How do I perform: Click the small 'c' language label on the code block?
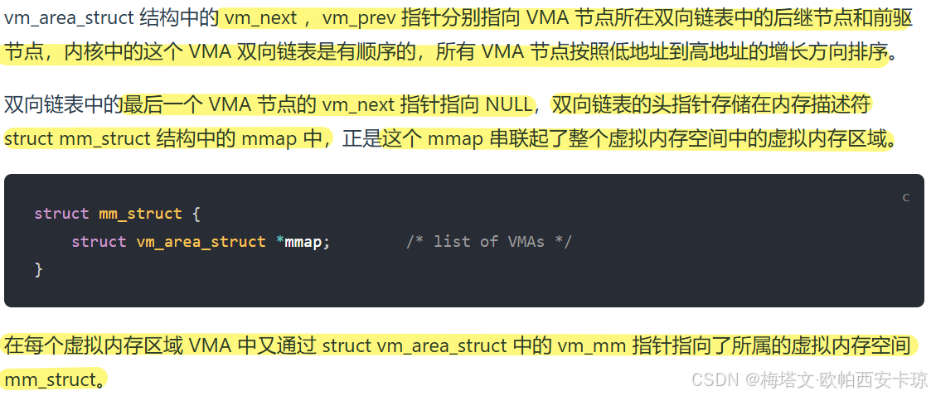[906, 197]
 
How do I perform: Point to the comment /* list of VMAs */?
[489, 241]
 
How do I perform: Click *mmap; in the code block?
[303, 241]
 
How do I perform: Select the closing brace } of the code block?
[38, 269]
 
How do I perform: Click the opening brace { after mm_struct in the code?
[196, 213]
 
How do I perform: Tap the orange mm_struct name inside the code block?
[140, 213]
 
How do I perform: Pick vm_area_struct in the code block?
[201, 241]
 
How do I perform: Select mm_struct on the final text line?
[50, 379]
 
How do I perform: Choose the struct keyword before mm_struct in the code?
[61, 213]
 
